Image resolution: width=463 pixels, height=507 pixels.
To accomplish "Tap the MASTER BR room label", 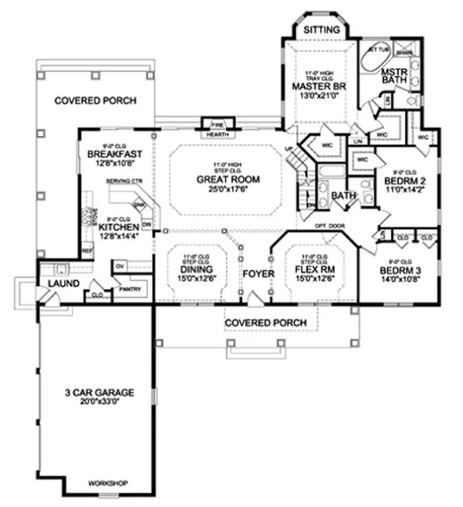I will tap(319, 86).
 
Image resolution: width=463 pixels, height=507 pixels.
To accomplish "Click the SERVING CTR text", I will tap(126, 181).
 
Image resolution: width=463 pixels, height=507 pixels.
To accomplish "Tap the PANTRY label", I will tap(128, 289).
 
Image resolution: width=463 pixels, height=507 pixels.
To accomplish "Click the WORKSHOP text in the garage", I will tap(108, 484).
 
